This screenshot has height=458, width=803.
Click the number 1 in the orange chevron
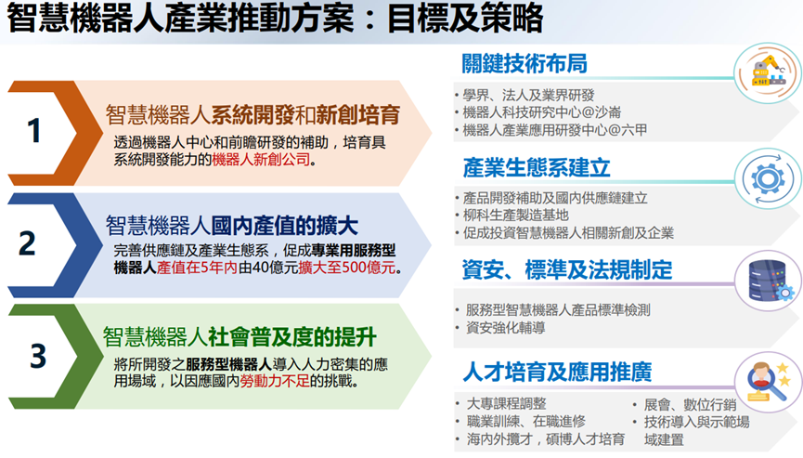coord(33,131)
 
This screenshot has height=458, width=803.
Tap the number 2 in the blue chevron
coord(28,243)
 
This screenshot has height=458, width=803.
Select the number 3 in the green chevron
coord(38,356)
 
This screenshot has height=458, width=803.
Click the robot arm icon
coord(768,72)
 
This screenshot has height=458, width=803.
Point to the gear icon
coord(767,178)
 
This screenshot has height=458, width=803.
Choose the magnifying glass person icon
coord(768,382)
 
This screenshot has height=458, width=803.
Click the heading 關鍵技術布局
coord(524,63)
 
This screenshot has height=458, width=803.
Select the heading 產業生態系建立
coord(537,167)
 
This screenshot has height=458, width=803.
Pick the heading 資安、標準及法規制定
coord(567,270)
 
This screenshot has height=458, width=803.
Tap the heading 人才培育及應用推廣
coord(557,372)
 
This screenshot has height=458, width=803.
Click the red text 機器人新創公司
coord(261,160)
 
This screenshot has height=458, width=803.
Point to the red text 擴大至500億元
coord(347,268)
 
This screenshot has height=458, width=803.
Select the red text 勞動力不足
coord(275,381)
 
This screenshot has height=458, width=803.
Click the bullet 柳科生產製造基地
coord(516,216)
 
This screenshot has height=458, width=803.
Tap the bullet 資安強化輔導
coord(505,328)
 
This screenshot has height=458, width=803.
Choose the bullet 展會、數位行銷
coord(690,405)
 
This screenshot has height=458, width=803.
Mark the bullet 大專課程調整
coord(507,404)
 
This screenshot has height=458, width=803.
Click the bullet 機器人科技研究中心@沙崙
coord(542,112)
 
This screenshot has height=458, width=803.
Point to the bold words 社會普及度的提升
coord(291,337)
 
